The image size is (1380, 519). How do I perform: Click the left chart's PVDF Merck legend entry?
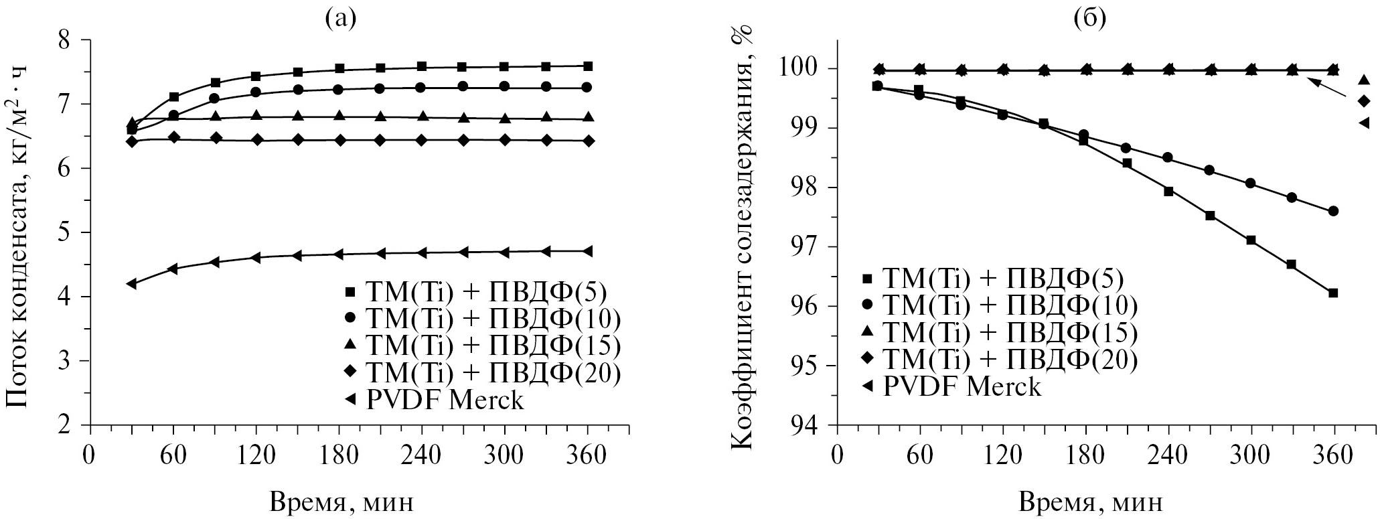[435, 400]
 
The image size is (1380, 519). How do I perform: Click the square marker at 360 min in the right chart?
[1332, 293]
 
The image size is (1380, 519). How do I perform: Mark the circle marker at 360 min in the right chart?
[1332, 211]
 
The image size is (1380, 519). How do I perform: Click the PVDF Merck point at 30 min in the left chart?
[132, 284]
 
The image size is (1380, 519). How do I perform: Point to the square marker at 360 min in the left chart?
[588, 66]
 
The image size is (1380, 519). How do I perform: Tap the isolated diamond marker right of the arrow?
[1363, 101]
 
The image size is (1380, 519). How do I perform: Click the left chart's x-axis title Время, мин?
[341, 502]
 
